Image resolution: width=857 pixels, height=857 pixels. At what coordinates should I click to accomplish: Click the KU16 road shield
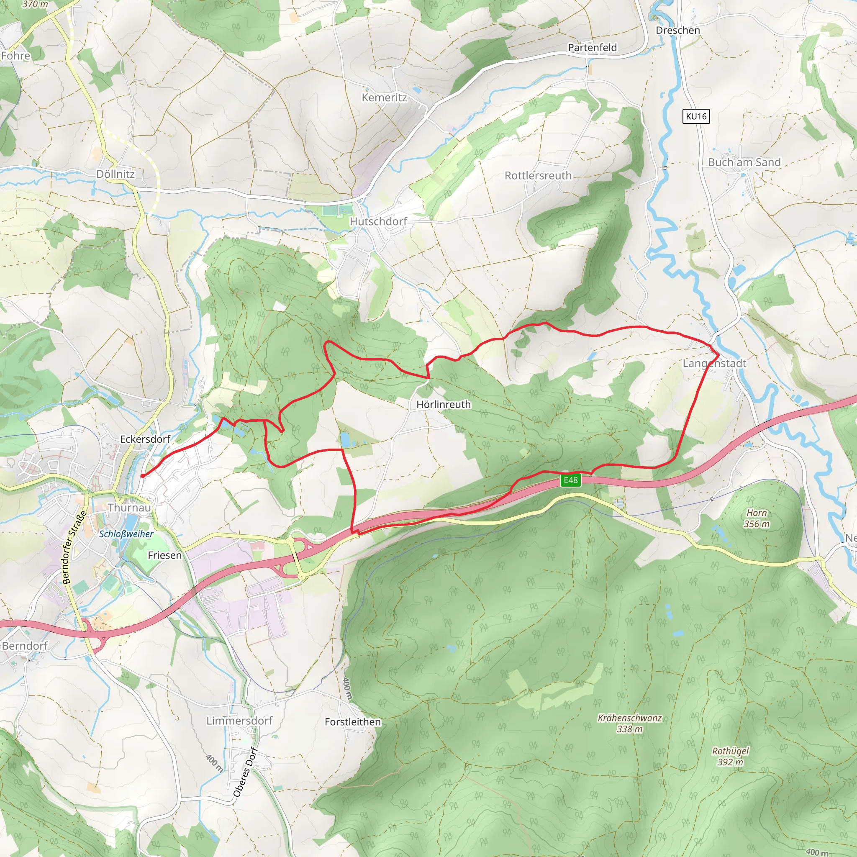coord(695,116)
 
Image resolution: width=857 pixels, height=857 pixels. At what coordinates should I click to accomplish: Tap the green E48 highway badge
coord(570,480)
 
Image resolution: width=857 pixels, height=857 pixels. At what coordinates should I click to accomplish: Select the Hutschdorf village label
coord(378,221)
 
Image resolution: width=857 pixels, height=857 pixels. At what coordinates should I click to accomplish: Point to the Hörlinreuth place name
coord(443,404)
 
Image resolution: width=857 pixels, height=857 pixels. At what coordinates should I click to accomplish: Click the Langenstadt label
coord(714,363)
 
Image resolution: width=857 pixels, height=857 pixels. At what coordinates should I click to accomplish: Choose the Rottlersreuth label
coord(538,176)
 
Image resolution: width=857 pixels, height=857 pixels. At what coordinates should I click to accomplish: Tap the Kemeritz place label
coord(384,98)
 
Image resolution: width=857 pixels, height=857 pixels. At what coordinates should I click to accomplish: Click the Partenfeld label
coord(592,47)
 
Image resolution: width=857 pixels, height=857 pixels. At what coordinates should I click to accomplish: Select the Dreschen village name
coord(678,30)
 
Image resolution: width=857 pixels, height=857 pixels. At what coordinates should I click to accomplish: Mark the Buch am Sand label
coord(744,162)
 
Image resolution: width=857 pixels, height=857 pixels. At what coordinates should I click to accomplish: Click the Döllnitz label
coord(115,174)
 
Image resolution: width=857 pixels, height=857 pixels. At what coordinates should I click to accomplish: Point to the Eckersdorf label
coord(145,439)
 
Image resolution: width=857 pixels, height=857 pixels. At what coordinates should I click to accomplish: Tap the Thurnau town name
coord(129,508)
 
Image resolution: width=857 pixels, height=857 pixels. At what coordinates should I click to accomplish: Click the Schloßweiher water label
coord(126,534)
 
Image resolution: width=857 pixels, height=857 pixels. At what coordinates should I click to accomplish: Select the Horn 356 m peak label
coord(756,518)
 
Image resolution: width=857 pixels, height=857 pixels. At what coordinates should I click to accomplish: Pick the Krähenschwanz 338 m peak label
coord(629,723)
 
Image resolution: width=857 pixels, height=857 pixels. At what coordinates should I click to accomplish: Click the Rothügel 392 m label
coord(730,756)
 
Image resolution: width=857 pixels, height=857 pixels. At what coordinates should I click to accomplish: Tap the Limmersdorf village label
coord(239,721)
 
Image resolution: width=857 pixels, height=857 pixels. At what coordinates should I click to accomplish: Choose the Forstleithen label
coord(353,722)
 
